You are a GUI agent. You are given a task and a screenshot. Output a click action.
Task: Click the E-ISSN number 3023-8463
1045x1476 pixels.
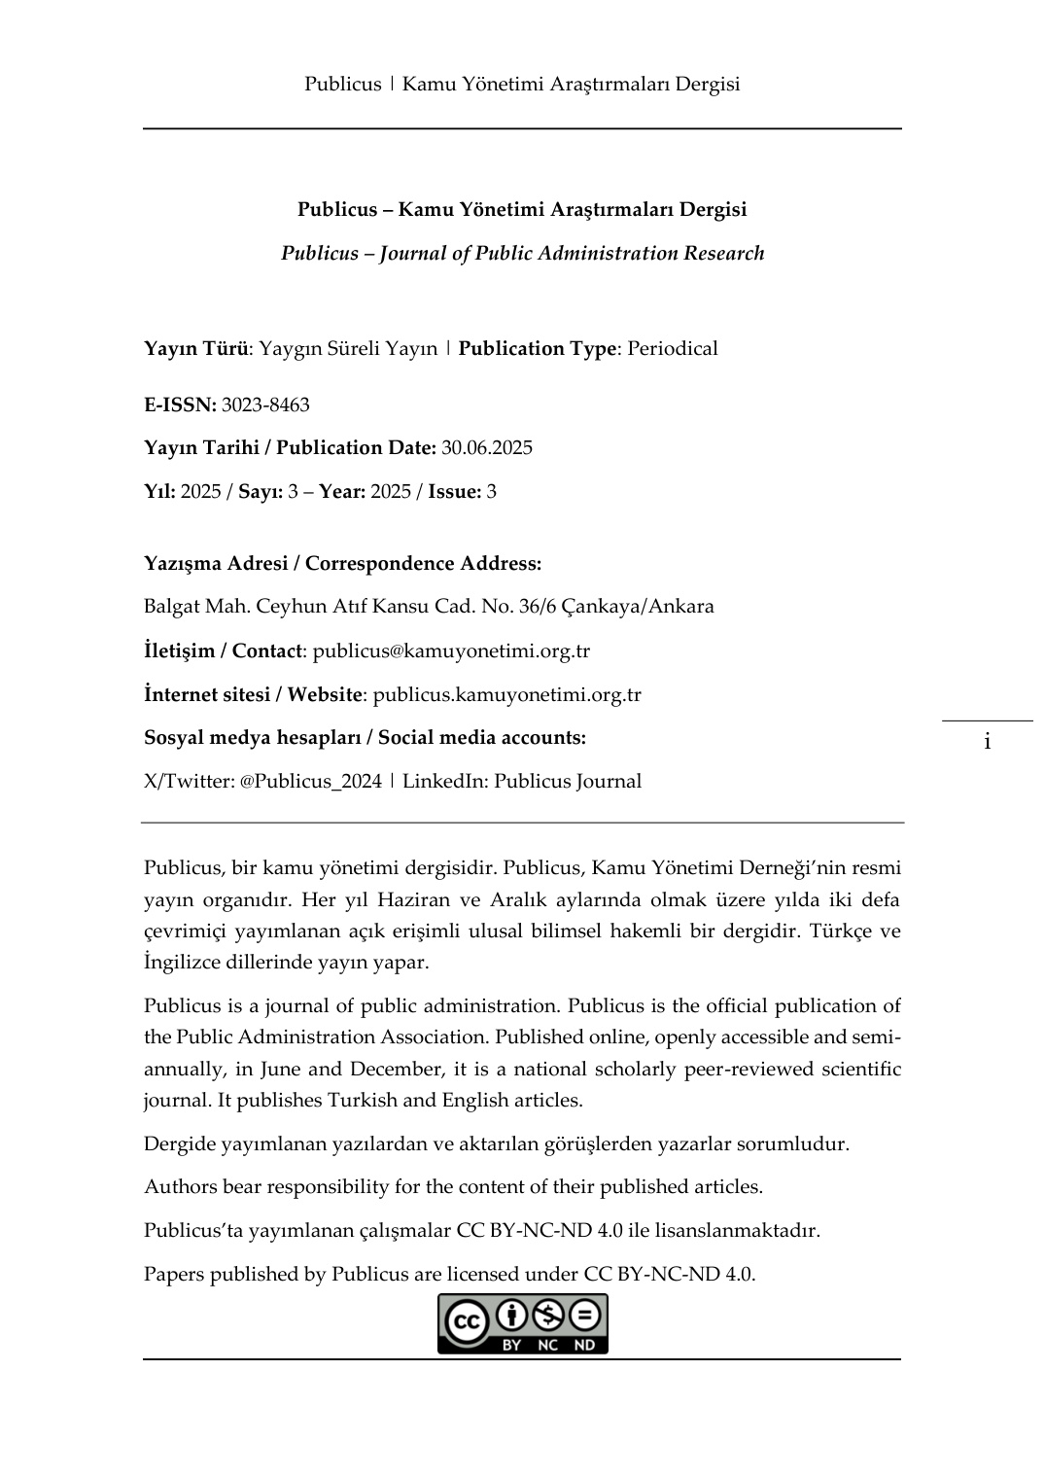pyautogui.click(x=265, y=404)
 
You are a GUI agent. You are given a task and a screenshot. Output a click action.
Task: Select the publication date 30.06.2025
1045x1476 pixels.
pyautogui.click(x=487, y=448)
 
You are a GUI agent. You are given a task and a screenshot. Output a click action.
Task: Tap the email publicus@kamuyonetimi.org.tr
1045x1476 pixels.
pyautogui.click(x=451, y=651)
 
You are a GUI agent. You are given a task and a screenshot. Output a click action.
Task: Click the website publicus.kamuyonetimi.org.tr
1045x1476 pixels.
pyautogui.click(x=506, y=695)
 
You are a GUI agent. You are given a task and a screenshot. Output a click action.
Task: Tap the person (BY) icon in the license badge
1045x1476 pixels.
pyautogui.click(x=511, y=1317)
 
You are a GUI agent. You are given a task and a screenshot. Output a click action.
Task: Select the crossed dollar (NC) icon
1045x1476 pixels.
pyautogui.click(x=548, y=1317)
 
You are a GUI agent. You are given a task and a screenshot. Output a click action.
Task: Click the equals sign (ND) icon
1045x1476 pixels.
pyautogui.click(x=584, y=1317)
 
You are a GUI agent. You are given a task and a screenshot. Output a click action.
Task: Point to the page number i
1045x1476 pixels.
pyautogui.click(x=987, y=743)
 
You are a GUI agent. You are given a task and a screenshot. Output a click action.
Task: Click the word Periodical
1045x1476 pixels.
pyautogui.click(x=673, y=349)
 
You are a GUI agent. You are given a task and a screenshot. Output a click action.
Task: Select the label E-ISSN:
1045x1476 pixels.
pyautogui.click(x=180, y=404)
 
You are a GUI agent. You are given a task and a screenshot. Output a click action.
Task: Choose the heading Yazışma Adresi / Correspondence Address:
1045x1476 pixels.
pyautogui.click(x=342, y=564)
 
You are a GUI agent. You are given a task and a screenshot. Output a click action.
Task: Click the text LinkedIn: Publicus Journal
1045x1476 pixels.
pyautogui.click(x=522, y=782)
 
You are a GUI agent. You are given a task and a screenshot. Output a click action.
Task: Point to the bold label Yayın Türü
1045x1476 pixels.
pyautogui.click(x=195, y=349)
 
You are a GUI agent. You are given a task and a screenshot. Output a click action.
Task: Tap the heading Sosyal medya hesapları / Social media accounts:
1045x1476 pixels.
pyautogui.click(x=365, y=738)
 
